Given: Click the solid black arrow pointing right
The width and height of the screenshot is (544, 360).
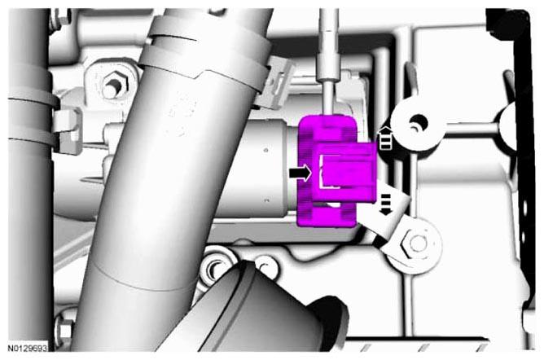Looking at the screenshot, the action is point(301,173).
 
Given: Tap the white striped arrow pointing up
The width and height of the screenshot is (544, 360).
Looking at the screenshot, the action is point(385,138).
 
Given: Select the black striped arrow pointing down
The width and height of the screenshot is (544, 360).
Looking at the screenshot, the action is point(386,204).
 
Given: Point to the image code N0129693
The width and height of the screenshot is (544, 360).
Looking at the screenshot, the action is point(28,348).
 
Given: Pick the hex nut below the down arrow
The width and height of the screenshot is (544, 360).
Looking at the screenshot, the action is point(415,244).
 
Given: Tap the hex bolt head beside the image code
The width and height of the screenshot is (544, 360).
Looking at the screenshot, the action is point(64,332).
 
